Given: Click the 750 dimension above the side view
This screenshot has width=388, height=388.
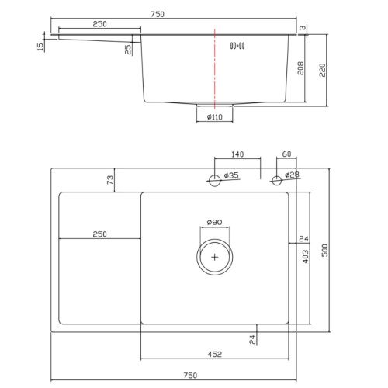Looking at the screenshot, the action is click(x=158, y=14).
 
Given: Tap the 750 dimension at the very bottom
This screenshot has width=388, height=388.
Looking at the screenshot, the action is click(x=190, y=375).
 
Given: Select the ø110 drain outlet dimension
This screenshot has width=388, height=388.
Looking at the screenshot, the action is click(x=215, y=117).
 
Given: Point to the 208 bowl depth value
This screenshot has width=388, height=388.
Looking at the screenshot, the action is click(x=300, y=68).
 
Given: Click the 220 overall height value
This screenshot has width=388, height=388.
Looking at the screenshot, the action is click(x=322, y=70).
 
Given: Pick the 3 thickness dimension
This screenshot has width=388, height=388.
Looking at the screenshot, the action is click(x=303, y=27).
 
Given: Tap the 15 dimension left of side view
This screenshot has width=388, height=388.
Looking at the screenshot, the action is click(x=40, y=47).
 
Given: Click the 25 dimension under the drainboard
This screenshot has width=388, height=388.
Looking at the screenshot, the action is click(x=128, y=50).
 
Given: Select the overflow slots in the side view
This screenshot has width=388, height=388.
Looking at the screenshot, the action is click(x=237, y=46).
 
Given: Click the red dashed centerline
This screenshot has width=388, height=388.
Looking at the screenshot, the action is click(x=215, y=68).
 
